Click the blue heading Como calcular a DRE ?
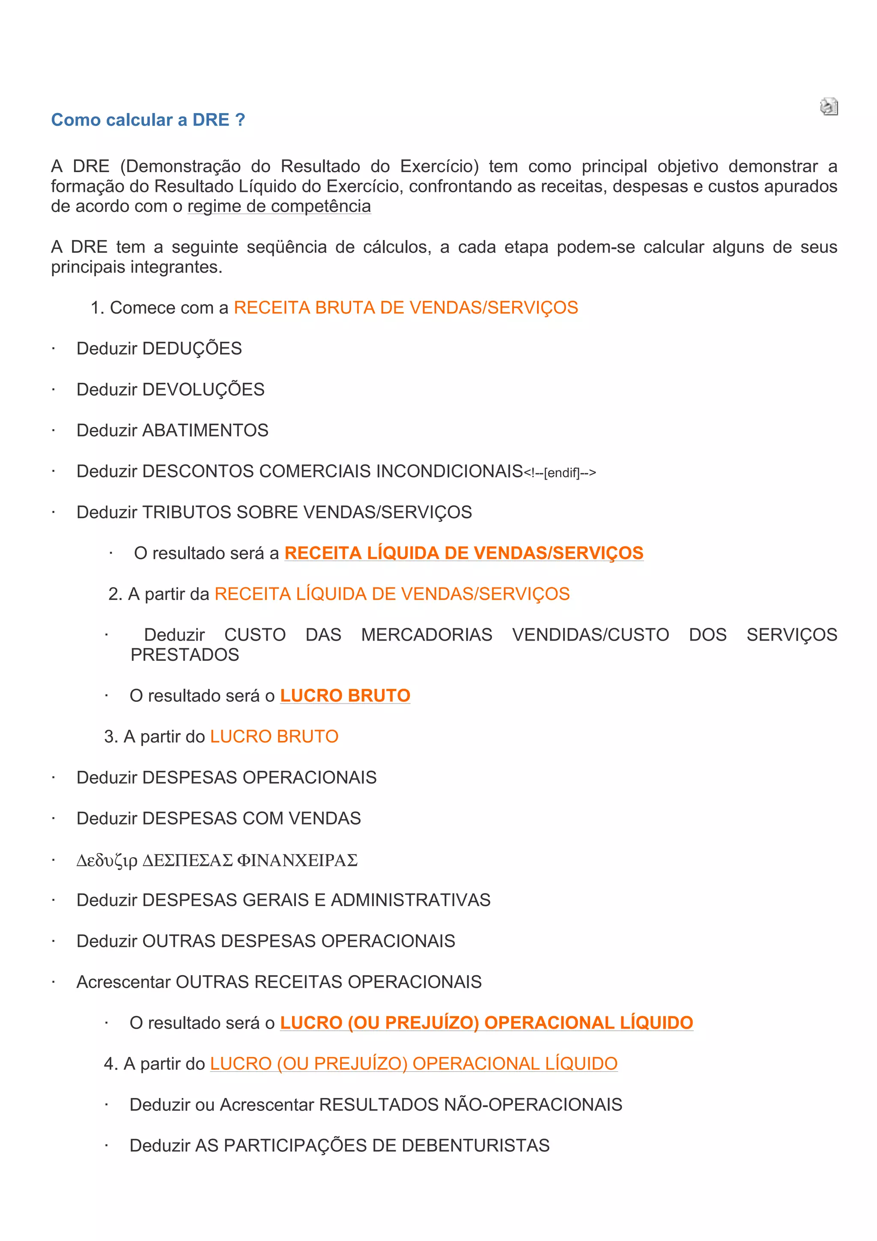148,119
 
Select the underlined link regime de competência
279,206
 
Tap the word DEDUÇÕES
192,349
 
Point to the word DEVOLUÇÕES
203,390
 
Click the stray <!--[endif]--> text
560,473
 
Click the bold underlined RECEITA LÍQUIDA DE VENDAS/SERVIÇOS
464,553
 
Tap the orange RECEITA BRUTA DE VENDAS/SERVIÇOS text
406,307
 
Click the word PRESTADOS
185,655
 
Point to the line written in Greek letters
217,860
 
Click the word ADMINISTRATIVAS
410,900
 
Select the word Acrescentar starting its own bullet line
123,982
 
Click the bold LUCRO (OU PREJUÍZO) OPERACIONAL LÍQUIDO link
486,1023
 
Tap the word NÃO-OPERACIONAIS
533,1104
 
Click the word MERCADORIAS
427,635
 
